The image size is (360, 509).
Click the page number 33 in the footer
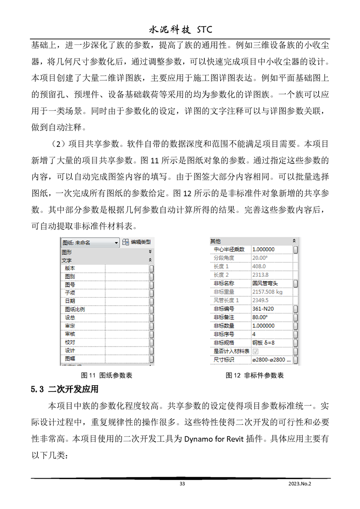(182, 484)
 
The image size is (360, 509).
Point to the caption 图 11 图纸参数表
(106, 376)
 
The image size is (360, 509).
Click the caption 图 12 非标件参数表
(255, 376)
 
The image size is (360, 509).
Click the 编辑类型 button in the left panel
(137, 242)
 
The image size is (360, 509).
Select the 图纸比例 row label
(75, 309)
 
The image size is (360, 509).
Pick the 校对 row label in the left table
(70, 343)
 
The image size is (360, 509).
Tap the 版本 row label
(70, 268)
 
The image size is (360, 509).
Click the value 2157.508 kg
(267, 292)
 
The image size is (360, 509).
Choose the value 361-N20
(262, 309)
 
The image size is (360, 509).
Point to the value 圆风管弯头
(267, 284)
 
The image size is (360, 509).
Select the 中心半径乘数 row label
(229, 250)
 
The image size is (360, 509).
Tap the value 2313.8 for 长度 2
(260, 275)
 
